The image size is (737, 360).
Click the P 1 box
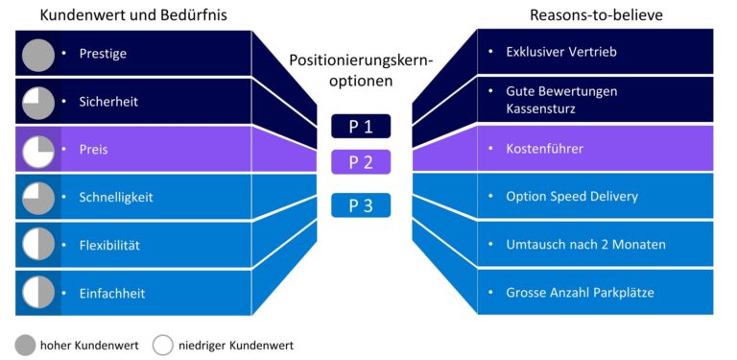(x=361, y=127)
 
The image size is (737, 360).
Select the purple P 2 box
(x=361, y=161)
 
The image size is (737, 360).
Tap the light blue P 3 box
(x=361, y=205)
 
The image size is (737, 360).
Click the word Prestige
(x=103, y=54)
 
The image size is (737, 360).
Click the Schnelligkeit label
(x=116, y=197)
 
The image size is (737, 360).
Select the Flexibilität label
(x=110, y=245)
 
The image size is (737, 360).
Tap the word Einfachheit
(x=112, y=293)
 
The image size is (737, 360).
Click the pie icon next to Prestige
(x=38, y=55)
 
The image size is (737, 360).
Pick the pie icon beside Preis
(x=38, y=150)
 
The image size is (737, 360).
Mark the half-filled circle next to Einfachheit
(x=38, y=293)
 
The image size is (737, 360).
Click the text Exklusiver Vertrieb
(x=561, y=52)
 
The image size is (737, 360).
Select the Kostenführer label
(x=544, y=149)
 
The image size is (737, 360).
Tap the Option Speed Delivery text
(x=572, y=196)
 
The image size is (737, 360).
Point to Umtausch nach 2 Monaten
(x=585, y=244)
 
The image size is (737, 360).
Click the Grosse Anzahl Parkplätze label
(x=580, y=292)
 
